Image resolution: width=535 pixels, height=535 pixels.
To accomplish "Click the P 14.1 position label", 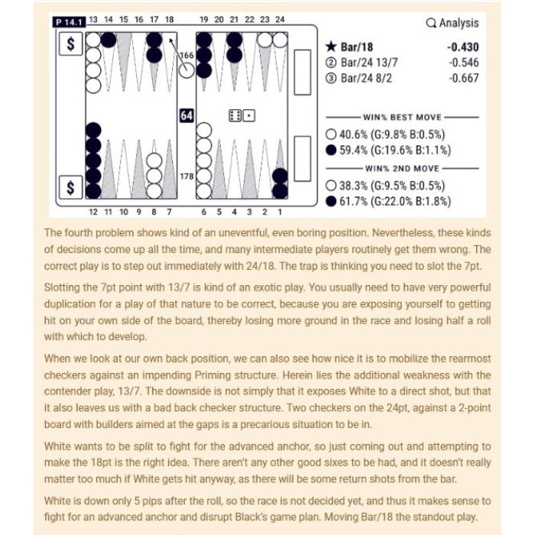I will point(68,20).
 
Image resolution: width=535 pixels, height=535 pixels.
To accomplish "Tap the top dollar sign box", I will point(71,45).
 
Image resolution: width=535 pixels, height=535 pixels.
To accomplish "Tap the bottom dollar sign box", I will point(71,188).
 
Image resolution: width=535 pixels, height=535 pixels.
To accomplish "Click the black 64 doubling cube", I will point(186,115).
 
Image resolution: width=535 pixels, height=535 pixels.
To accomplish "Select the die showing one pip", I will point(250,115).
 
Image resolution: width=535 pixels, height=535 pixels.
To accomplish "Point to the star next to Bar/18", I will point(332,47).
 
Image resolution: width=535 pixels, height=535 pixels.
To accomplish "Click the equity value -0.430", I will point(463,47).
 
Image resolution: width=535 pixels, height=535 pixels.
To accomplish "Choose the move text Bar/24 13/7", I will point(372,63).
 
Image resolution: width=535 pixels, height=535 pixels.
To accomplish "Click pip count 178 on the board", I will point(186,177).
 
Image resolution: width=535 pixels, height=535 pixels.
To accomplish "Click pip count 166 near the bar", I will point(186,55).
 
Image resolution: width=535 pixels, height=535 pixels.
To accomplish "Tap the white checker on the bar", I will point(186,70).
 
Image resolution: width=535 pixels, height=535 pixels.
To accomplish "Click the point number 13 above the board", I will point(92,19).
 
